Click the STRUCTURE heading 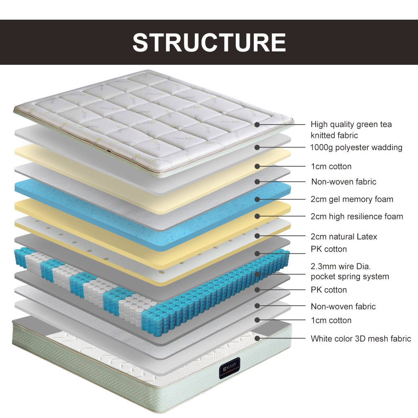pyautogui.click(x=209, y=42)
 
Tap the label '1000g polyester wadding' pyautogui.click(x=356, y=147)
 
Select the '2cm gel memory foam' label pyautogui.click(x=352, y=199)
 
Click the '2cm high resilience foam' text pyautogui.click(x=357, y=216)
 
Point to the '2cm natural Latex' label pyautogui.click(x=344, y=237)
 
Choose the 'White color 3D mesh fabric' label pyautogui.click(x=361, y=339)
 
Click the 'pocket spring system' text pyautogui.click(x=349, y=276)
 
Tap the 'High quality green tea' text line pyautogui.click(x=351, y=124)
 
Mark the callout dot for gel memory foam pyautogui.click(x=257, y=199)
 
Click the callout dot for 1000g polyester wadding pyautogui.click(x=257, y=147)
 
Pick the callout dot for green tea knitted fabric pyautogui.click(x=257, y=124)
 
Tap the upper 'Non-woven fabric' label pyautogui.click(x=344, y=181)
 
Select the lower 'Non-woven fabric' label pyautogui.click(x=343, y=306)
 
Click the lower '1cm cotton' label pyautogui.click(x=331, y=320)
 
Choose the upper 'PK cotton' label pyautogui.click(x=329, y=249)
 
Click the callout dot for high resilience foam pyautogui.click(x=257, y=216)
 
